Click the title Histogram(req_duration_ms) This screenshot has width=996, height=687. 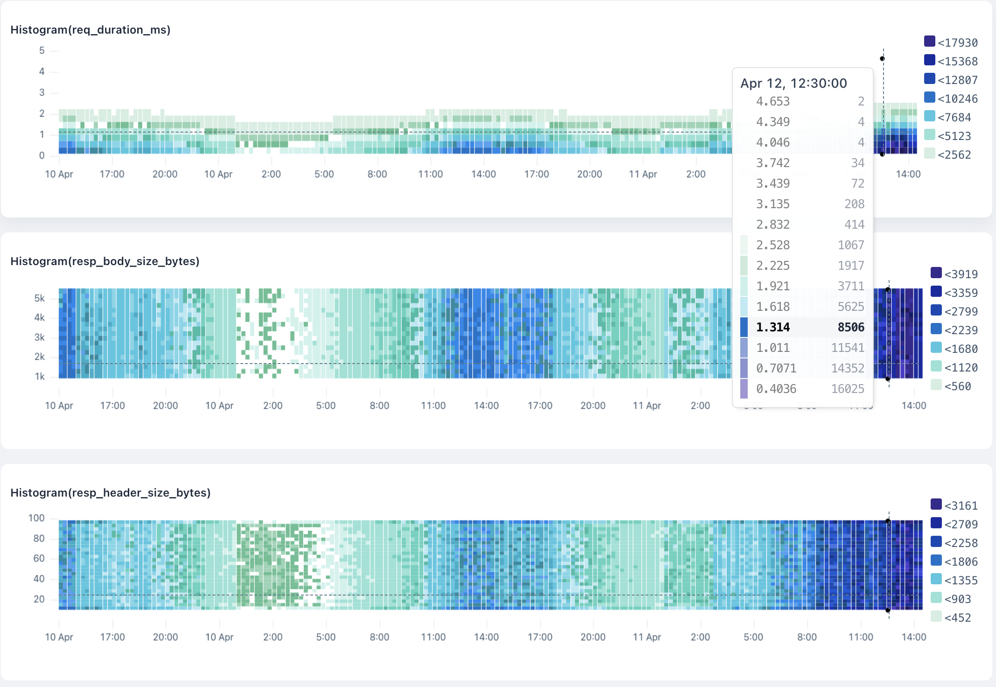90,30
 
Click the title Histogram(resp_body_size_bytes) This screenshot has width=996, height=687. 105,261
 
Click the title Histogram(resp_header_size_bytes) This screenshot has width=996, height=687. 110,493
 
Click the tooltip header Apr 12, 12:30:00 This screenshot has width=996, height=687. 793,83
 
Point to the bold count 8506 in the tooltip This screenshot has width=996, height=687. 850,327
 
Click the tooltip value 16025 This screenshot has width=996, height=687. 848,389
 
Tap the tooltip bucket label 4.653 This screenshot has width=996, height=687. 773,101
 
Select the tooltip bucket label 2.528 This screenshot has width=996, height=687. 773,245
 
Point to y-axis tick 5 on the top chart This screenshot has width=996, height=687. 42,50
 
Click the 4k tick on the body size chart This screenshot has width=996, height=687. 40,318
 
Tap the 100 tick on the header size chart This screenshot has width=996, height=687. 36,518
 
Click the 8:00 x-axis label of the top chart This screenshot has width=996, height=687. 377,174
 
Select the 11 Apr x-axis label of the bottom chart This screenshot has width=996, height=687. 646,637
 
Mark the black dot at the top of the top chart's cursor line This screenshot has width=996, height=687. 882,59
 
